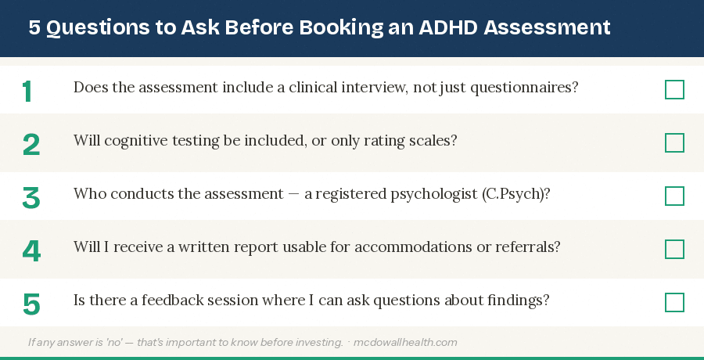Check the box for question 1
click(x=674, y=90)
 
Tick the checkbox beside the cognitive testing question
click(x=674, y=143)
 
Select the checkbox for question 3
click(x=674, y=196)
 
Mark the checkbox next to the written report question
click(x=674, y=250)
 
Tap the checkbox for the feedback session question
click(x=674, y=303)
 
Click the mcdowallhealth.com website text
click(x=407, y=342)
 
